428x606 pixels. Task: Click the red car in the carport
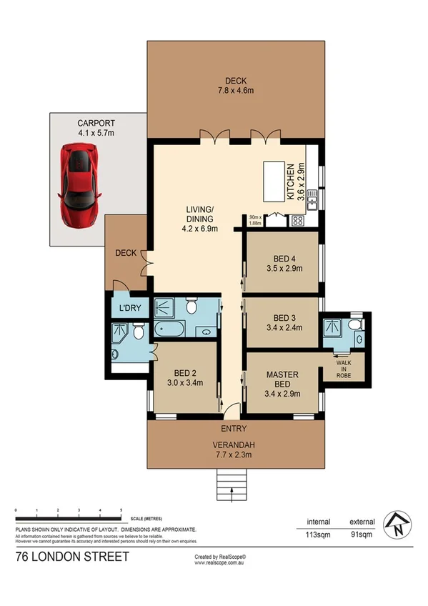[79, 184]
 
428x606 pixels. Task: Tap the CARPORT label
[97, 123]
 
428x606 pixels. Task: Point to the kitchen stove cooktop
[297, 221]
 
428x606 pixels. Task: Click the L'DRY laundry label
[129, 308]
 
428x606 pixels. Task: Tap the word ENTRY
[234, 429]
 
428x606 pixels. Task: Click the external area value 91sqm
[362, 533]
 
